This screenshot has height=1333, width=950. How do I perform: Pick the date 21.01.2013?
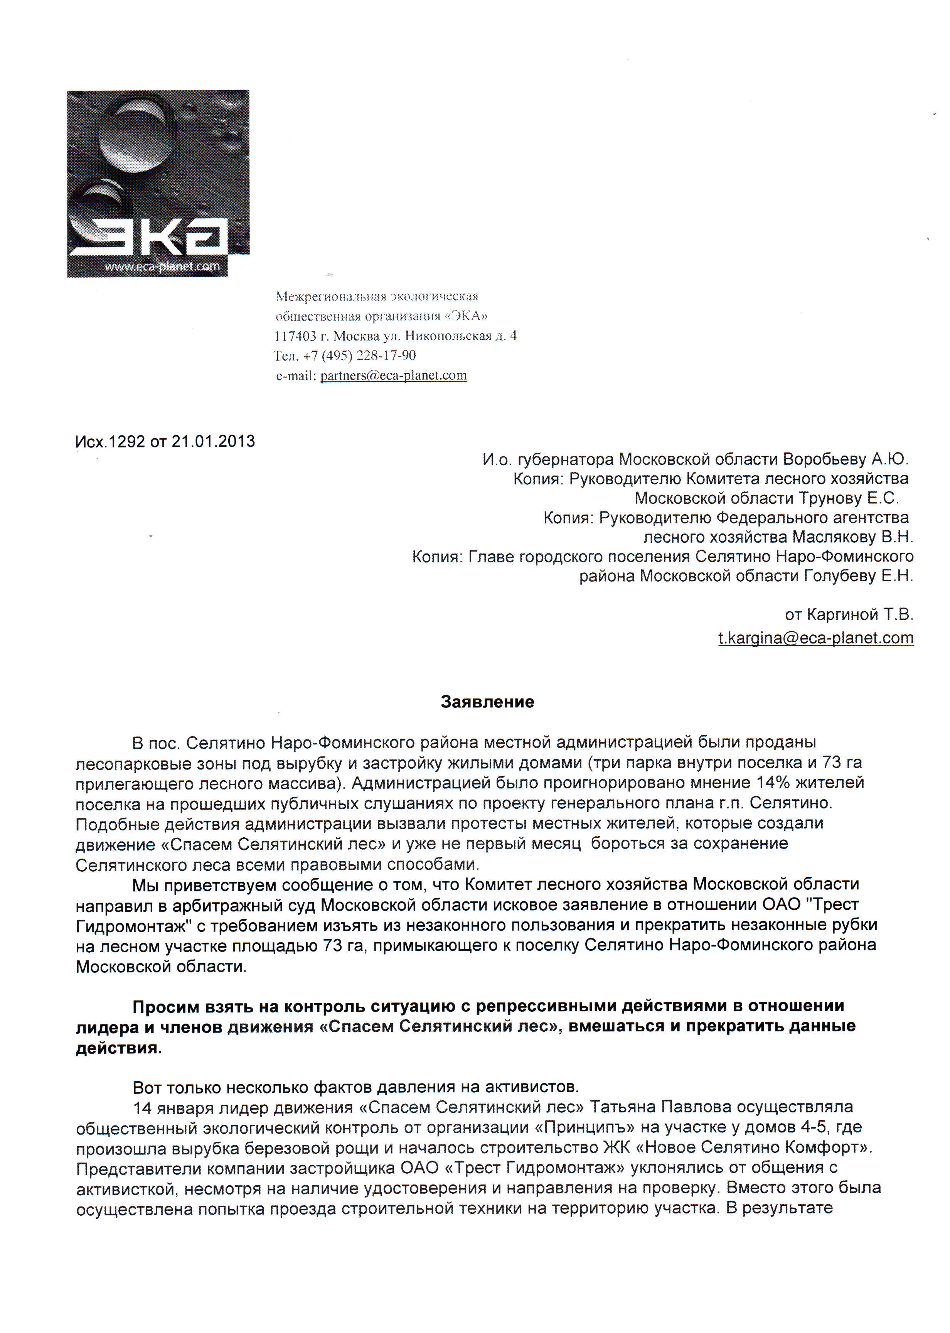tap(213, 441)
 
